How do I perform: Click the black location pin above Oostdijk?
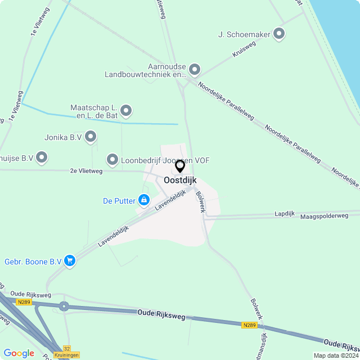point(180,166)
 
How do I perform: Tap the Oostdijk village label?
point(180,180)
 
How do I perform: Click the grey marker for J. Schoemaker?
point(278,34)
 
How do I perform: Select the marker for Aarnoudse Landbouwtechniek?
point(195,70)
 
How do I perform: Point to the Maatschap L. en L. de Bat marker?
point(126,111)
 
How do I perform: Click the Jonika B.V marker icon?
point(91,137)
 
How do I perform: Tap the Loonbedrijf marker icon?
point(112,160)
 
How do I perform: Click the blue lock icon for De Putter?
point(144,200)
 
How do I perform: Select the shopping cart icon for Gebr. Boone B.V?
point(70,260)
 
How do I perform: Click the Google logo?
point(19,353)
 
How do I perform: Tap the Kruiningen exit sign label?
point(67,355)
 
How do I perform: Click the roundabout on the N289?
point(64,307)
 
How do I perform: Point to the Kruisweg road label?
point(244,49)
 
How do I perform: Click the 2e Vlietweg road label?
point(86,170)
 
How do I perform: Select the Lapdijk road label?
point(284,213)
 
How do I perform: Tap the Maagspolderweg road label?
point(325,215)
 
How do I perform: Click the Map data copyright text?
point(336,355)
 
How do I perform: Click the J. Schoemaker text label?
point(244,34)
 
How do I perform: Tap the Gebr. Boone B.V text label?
point(33,261)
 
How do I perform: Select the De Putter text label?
point(119,200)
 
